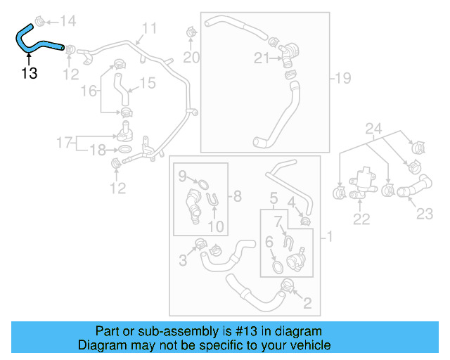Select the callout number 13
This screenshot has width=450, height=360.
pos(29,73)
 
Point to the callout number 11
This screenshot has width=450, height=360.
pos(150,29)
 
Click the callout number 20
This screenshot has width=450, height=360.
pos(192,57)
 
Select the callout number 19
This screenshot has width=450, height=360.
pos(343,79)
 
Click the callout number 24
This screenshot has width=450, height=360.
pos(373,129)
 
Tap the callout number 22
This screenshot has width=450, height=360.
pos(361,219)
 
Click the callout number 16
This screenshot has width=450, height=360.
pos(89,91)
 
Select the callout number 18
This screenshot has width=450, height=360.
pos(96,150)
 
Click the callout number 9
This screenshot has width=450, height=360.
pos(181,174)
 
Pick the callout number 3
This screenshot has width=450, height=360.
pos(182,261)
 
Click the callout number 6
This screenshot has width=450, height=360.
pos(269,243)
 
